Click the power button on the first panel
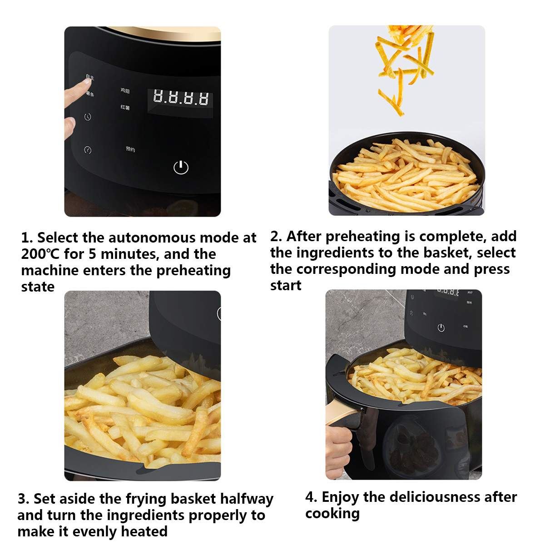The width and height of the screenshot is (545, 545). tap(181, 167)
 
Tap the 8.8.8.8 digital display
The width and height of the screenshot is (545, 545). tap(180, 98)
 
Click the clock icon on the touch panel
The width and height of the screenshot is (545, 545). tap(88, 117)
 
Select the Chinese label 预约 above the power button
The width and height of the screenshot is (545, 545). tap(130, 149)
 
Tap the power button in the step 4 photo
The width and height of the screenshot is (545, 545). tap(441, 327)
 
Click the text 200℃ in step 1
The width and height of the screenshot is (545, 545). tap(40, 254)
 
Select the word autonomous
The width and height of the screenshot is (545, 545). tap(152, 238)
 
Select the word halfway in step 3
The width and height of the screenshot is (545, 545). tap(247, 499)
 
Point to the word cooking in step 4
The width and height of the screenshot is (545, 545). tap(332, 513)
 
